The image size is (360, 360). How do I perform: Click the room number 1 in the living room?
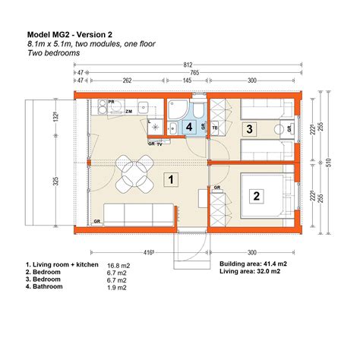pos(172,180)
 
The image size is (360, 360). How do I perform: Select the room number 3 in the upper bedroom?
pos(248,129)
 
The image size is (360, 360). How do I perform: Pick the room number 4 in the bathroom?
pos(189,128)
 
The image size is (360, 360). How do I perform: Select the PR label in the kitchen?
pos(111,101)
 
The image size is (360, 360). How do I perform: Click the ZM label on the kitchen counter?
pos(129,112)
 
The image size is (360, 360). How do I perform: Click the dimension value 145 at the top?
pos(187,79)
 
